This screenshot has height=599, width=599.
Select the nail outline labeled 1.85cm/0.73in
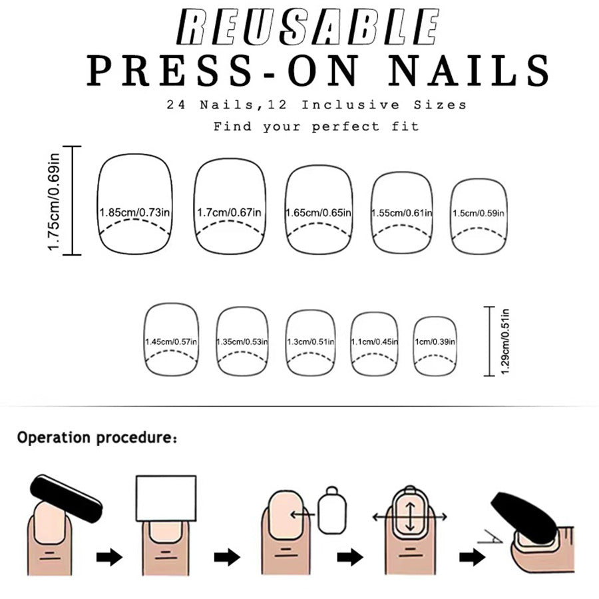(135, 204)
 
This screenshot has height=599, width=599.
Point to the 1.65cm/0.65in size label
(319, 213)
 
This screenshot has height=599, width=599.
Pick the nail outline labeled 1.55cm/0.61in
(402, 213)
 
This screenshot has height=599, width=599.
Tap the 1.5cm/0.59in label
(478, 213)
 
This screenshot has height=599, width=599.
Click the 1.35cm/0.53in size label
(242, 342)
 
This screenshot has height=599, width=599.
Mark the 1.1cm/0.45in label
(375, 342)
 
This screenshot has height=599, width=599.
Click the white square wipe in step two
(166, 498)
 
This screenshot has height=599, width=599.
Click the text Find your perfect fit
(315, 126)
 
